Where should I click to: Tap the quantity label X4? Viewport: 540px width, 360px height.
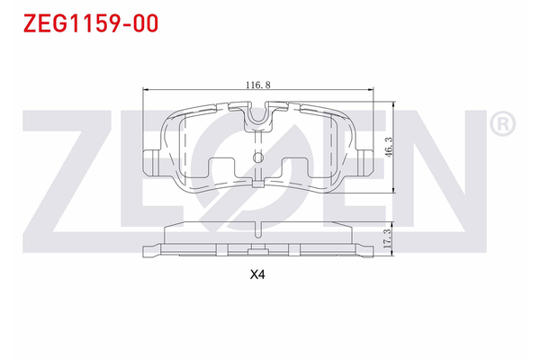(x=259, y=276)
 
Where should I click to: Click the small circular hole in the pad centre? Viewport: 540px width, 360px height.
(x=258, y=159)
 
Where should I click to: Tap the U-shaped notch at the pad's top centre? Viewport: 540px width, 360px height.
(x=258, y=116)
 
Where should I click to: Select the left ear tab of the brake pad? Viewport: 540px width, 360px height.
(x=152, y=162)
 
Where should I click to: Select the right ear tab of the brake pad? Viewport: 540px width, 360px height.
(x=365, y=162)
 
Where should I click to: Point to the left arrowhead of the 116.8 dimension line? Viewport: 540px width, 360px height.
(x=147, y=90)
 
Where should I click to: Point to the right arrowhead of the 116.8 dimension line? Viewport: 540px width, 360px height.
(x=371, y=90)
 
